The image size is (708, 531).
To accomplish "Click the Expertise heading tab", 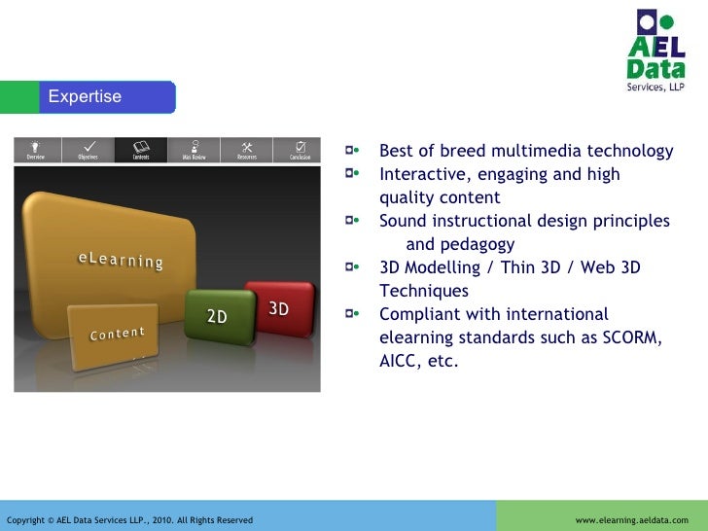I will [x=86, y=96].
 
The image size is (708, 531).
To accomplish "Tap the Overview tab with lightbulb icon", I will [x=36, y=150].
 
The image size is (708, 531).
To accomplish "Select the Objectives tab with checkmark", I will [x=88, y=150].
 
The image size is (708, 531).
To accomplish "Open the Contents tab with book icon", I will [x=141, y=150].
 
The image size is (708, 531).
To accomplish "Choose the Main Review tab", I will [x=194, y=150].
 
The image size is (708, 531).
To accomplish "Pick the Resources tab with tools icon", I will [x=247, y=150].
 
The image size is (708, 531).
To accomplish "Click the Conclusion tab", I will [x=300, y=150].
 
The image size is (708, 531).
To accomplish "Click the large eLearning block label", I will [x=121, y=261].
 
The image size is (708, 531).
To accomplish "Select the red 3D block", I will [x=279, y=308].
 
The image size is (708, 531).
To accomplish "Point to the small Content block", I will [x=117, y=334].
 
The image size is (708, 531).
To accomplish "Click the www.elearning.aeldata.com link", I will [x=631, y=520].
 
